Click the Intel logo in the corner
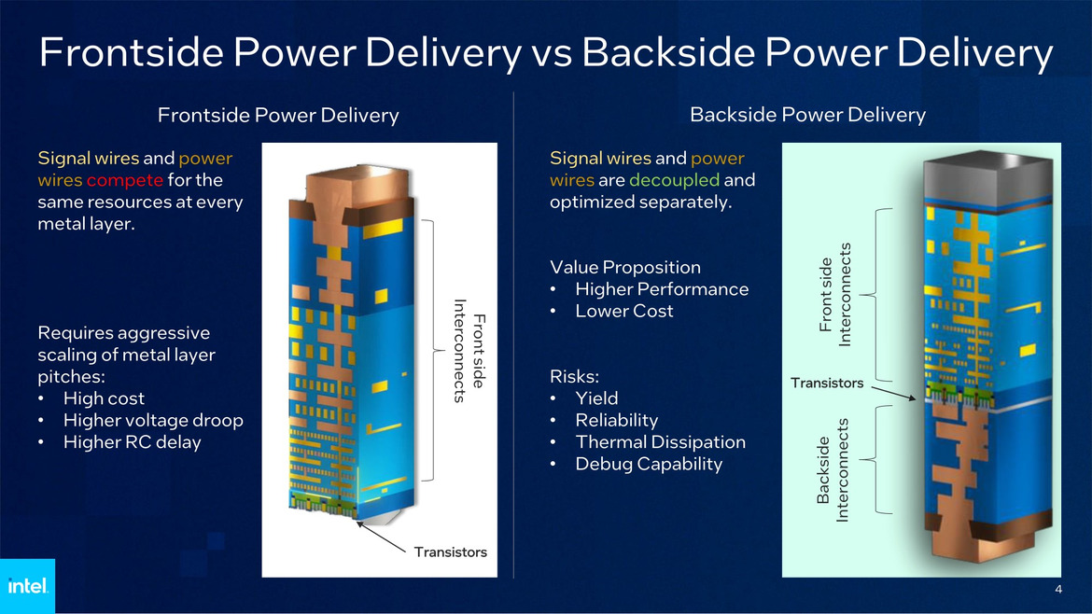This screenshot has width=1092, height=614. pos(27,586)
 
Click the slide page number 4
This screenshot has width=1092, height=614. pos(1057,589)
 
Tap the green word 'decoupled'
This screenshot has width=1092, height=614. pos(674,180)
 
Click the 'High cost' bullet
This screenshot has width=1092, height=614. pos(104,398)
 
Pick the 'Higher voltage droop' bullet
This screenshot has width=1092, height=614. pos(152,420)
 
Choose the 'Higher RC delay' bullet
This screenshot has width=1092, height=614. pos(132,442)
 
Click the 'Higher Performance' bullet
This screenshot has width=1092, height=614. pos(661,289)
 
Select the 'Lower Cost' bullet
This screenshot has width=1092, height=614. pos(623,312)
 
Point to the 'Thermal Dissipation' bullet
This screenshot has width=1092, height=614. pos(660,442)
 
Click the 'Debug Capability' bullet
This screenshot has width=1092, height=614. pos(649,464)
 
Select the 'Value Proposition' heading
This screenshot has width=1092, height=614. pos(624,268)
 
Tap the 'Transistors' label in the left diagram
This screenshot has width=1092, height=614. pos(450,551)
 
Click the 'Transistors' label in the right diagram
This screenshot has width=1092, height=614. pos(827,383)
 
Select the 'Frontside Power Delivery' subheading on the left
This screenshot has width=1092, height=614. pos(278,116)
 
